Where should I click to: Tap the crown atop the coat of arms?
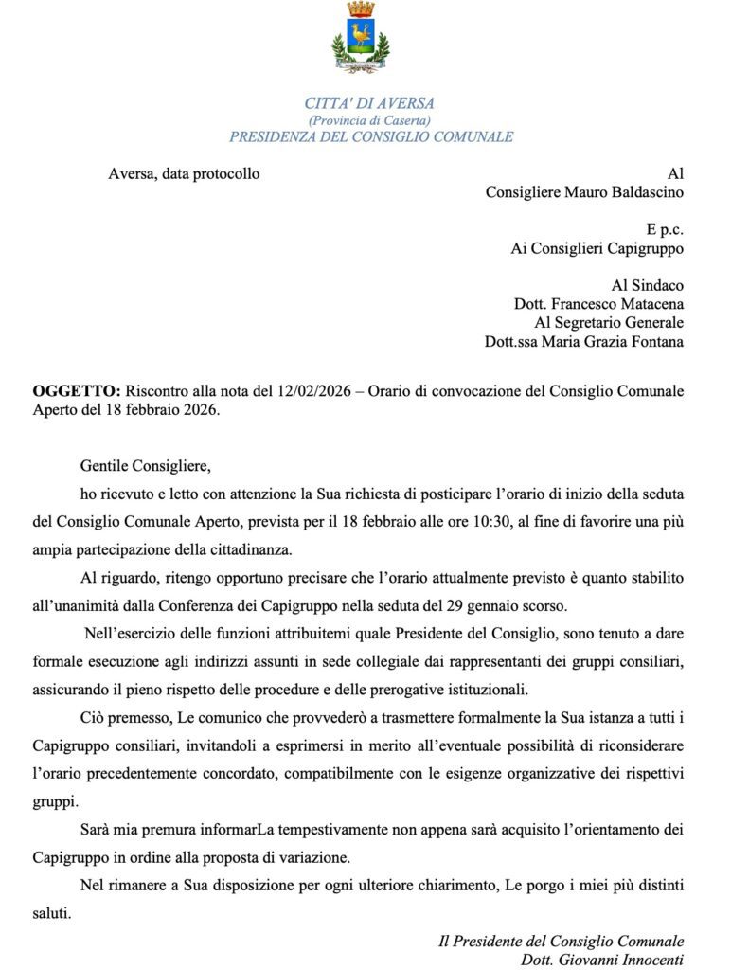[x=360, y=9]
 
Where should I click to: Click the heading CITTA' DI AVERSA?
[x=369, y=104]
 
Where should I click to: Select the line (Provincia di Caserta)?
[x=369, y=120]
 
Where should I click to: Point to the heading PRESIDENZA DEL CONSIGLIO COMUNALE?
[x=371, y=136]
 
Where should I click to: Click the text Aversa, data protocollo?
[x=184, y=173]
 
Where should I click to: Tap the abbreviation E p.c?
[x=665, y=229]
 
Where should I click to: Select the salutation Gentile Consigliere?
[x=145, y=466]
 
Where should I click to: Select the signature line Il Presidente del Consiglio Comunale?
[x=561, y=941]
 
